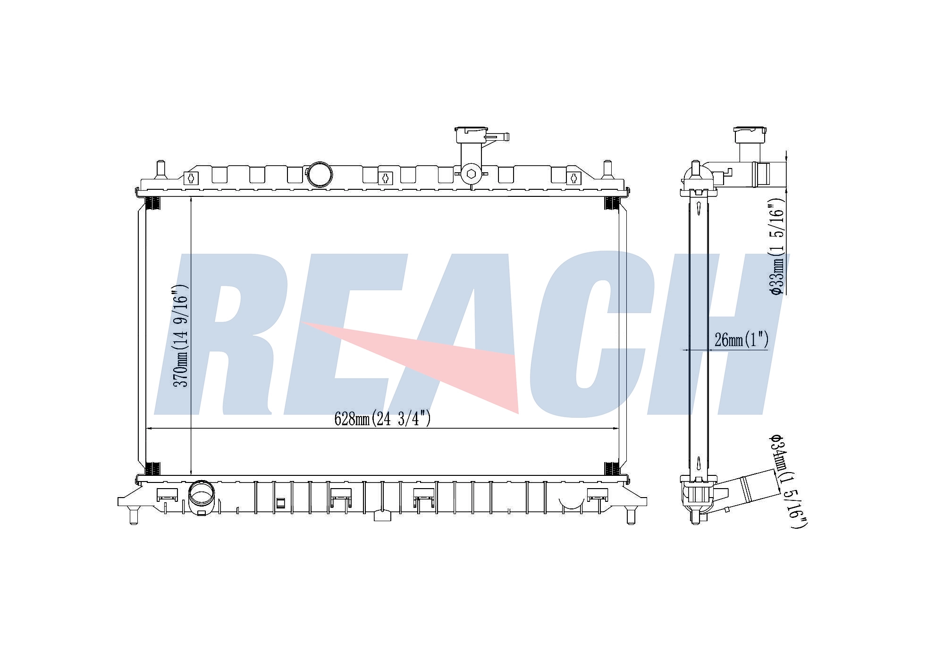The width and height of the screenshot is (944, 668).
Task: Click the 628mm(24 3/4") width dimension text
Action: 382,418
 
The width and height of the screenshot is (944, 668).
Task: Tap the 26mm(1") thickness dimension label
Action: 742,339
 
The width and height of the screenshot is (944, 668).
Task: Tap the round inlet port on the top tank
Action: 320,175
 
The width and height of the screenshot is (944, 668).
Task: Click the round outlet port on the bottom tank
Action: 202,497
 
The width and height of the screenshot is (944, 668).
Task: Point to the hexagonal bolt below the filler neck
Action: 471,174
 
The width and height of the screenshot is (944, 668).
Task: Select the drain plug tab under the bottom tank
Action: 382,516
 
